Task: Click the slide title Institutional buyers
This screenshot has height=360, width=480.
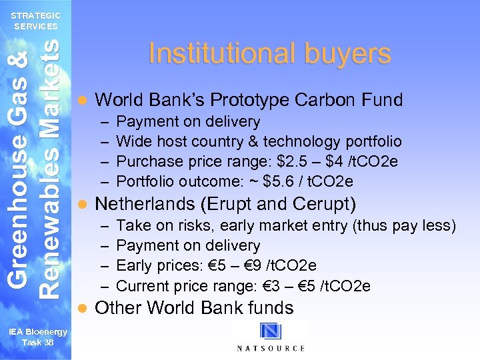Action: [269, 54]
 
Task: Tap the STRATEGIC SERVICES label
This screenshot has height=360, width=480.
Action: [36, 21]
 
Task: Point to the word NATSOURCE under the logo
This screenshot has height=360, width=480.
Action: [271, 349]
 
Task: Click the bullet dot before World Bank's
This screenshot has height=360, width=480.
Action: [81, 101]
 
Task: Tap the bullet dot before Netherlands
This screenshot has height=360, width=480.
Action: [81, 204]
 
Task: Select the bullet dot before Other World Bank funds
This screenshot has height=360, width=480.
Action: [81, 308]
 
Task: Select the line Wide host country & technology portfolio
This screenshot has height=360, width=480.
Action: [259, 141]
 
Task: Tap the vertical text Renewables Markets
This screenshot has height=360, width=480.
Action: [51, 167]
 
